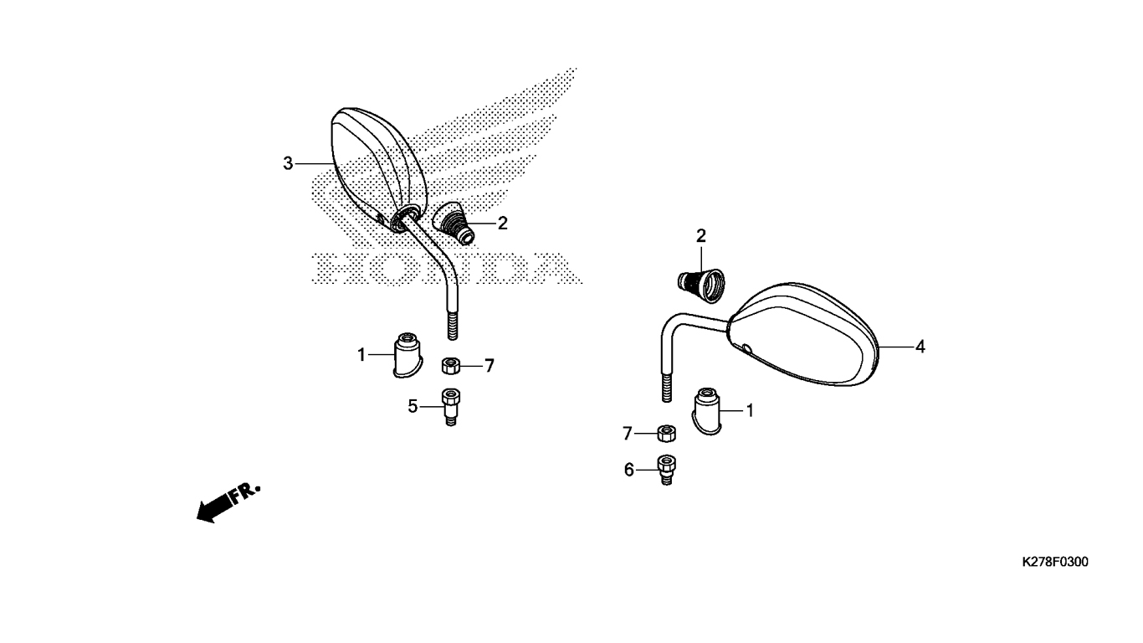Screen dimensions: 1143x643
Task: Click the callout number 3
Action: [289, 163]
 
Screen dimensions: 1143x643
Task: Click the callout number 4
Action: [920, 347]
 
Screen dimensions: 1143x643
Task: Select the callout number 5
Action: [413, 407]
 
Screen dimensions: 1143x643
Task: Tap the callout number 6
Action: [628, 470]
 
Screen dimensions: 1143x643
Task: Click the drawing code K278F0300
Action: [1055, 562]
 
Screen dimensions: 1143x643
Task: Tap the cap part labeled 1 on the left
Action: [407, 355]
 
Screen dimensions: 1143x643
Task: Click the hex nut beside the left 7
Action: [451, 366]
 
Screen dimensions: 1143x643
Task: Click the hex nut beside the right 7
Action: [666, 434]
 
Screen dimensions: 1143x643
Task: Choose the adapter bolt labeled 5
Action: [450, 407]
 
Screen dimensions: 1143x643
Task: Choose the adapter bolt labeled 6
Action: [666, 470]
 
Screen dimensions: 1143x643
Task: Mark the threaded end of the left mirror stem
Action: [453, 326]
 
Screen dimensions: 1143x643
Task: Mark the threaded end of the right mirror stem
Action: [666, 388]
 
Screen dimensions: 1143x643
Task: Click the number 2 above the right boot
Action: [701, 236]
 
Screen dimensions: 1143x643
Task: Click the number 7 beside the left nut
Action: [489, 366]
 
